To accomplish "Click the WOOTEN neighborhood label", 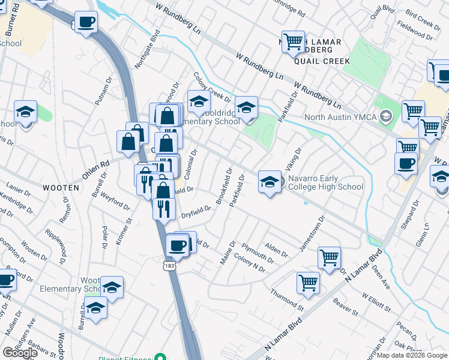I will (x=61, y=188).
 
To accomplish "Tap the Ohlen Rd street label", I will (x=95, y=163).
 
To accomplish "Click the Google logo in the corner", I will (x=20, y=353).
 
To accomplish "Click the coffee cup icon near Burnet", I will (x=86, y=22).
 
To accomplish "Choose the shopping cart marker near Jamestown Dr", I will (x=329, y=257).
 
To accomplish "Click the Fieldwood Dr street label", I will (x=418, y=32).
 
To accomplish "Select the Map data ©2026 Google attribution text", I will (x=412, y=355).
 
